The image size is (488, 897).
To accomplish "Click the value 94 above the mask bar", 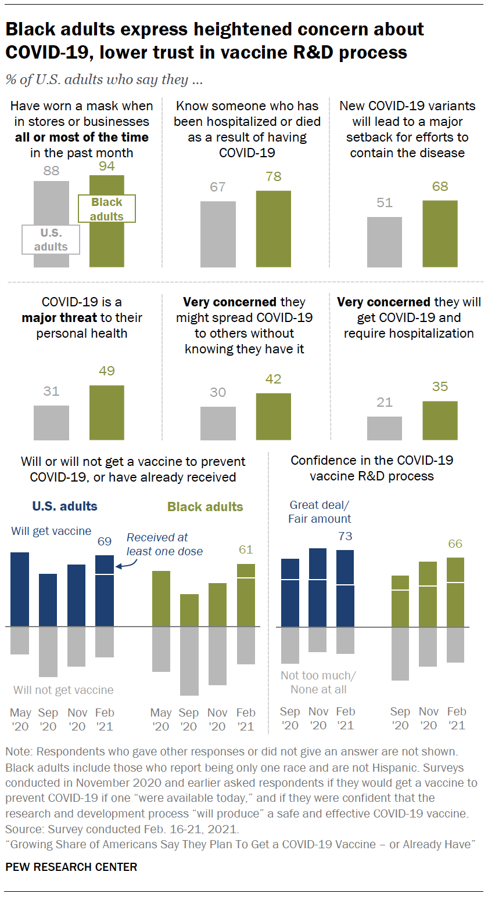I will [x=106, y=166].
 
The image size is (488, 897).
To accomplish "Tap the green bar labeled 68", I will [x=440, y=234].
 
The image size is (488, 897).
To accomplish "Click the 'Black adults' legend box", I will [x=107, y=209].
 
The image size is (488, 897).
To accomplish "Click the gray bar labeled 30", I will [x=218, y=423].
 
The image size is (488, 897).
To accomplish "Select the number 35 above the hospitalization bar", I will [x=440, y=386].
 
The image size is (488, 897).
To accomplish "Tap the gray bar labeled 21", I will [x=385, y=428].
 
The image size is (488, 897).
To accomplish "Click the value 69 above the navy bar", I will [x=105, y=542].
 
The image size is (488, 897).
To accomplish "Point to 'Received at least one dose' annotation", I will [x=164, y=544].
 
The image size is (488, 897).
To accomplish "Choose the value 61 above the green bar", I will [x=246, y=549].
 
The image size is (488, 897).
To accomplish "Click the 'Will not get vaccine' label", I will [x=63, y=690].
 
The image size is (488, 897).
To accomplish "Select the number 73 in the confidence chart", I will [x=345, y=536].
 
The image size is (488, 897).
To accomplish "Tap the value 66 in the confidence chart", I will [x=456, y=544].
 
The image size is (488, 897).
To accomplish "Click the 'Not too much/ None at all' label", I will [x=318, y=682].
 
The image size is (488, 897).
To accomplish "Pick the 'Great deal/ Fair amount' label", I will [x=320, y=512].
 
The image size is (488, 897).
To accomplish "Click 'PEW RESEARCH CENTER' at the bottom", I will [x=71, y=867].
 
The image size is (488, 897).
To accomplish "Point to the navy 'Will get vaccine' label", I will [x=51, y=530].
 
